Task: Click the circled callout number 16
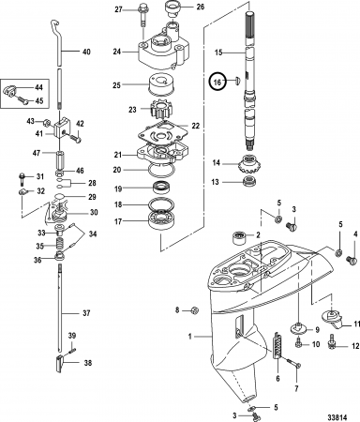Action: click(217, 83)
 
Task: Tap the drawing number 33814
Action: click(337, 417)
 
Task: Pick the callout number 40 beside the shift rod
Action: click(86, 52)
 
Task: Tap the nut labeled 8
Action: click(195, 310)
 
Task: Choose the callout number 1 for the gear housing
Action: click(189, 337)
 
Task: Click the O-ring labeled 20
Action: click(162, 170)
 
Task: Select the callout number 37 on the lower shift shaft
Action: click(86, 313)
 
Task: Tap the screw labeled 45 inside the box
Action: click(22, 99)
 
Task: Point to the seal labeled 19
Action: click(162, 188)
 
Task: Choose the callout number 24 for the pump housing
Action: click(117, 52)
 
